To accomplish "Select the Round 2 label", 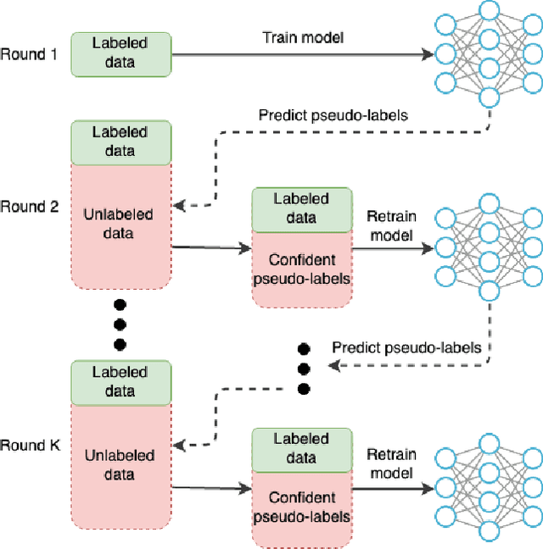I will click(29, 206).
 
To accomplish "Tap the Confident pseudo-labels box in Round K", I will click(301, 506).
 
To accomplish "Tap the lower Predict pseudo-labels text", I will click(406, 347).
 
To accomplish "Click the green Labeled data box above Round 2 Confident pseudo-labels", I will click(301, 208).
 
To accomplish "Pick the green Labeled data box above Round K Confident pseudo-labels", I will click(301, 448).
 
